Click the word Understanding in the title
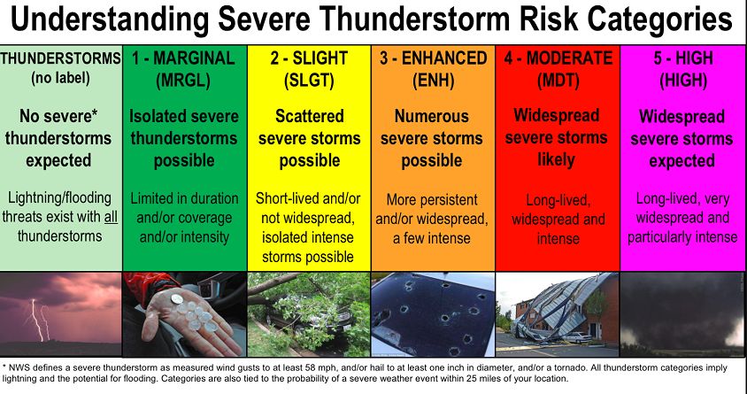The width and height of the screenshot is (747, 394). point(109,20)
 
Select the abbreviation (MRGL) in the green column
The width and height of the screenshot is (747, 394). point(183,81)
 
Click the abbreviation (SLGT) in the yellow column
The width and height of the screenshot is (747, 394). point(309,81)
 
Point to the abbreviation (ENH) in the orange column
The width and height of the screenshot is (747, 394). point(433,81)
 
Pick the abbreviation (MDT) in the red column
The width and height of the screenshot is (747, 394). point(558,81)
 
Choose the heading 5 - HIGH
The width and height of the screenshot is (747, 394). point(683,58)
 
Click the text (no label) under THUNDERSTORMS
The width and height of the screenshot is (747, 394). point(60,78)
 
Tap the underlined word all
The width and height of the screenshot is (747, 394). point(111,217)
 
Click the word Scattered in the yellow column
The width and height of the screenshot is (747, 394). point(309,116)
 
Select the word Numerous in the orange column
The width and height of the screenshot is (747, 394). point(432,116)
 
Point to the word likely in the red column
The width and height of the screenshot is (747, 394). point(556,160)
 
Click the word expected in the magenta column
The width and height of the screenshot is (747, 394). point(682,161)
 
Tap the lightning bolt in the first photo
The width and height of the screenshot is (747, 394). point(35,320)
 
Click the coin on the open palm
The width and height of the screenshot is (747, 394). point(177,298)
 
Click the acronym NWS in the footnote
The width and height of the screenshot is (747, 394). point(18,368)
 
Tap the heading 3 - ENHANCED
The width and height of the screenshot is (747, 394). point(433,58)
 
